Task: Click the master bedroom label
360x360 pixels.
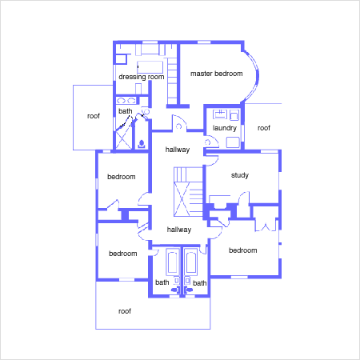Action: (x=217, y=74)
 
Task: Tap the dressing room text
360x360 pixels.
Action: (x=142, y=77)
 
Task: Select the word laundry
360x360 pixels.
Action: (x=225, y=128)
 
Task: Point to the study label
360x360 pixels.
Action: (x=240, y=175)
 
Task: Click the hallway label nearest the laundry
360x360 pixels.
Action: (x=178, y=150)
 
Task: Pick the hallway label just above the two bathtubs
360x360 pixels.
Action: (x=179, y=230)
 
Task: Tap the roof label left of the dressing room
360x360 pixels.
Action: (x=94, y=116)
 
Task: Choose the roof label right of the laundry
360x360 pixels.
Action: (x=264, y=128)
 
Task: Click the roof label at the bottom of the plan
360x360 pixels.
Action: (x=125, y=311)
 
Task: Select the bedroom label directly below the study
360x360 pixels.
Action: (x=243, y=250)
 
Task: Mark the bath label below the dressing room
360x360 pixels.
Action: (x=126, y=111)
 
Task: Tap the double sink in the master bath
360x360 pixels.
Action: (x=126, y=101)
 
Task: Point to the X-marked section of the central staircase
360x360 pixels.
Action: (x=182, y=199)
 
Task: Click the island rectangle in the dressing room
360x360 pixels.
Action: (x=150, y=67)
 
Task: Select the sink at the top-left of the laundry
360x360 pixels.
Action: (x=220, y=114)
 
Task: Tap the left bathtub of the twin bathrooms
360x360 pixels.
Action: (x=173, y=262)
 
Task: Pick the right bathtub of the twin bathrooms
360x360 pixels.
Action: (x=191, y=262)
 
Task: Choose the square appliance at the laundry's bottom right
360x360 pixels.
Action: (x=233, y=142)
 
